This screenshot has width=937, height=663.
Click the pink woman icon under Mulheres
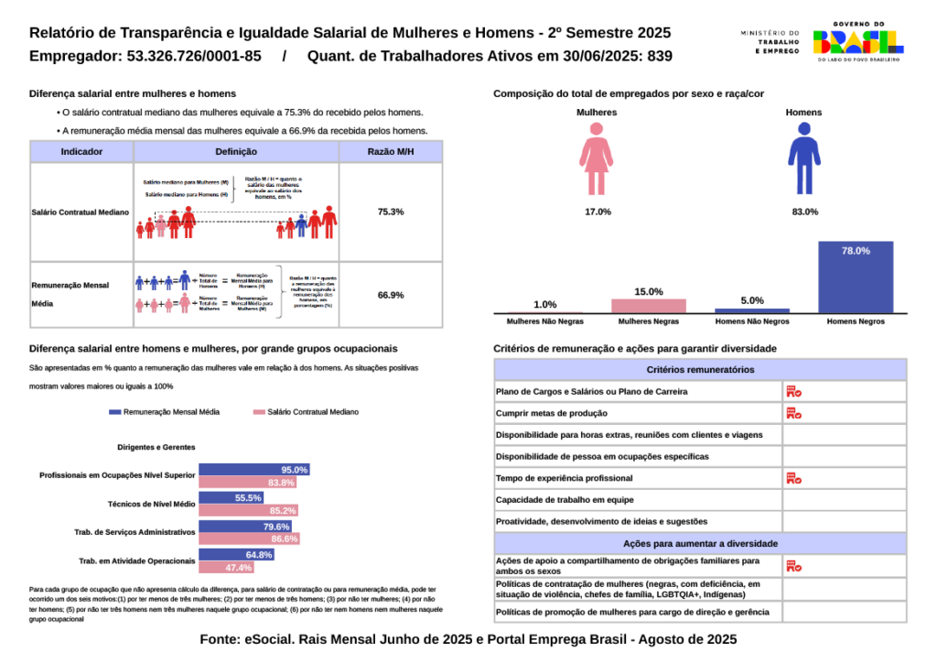(x=596, y=159)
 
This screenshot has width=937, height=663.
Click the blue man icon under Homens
(x=803, y=159)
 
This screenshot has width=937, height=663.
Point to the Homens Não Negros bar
(x=752, y=310)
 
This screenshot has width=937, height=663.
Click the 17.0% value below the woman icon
(x=598, y=212)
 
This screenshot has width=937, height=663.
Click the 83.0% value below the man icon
(x=805, y=212)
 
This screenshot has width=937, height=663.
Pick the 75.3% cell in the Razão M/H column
(x=391, y=212)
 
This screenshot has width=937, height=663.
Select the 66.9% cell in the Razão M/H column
(x=391, y=295)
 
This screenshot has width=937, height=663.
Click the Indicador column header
(x=81, y=152)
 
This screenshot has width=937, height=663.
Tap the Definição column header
(x=236, y=152)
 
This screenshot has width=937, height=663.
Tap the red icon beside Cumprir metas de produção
(x=793, y=413)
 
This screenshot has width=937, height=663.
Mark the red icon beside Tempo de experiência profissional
(x=793, y=478)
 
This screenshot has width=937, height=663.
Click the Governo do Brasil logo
(x=857, y=40)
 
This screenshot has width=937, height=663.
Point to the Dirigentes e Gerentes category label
(x=156, y=448)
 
